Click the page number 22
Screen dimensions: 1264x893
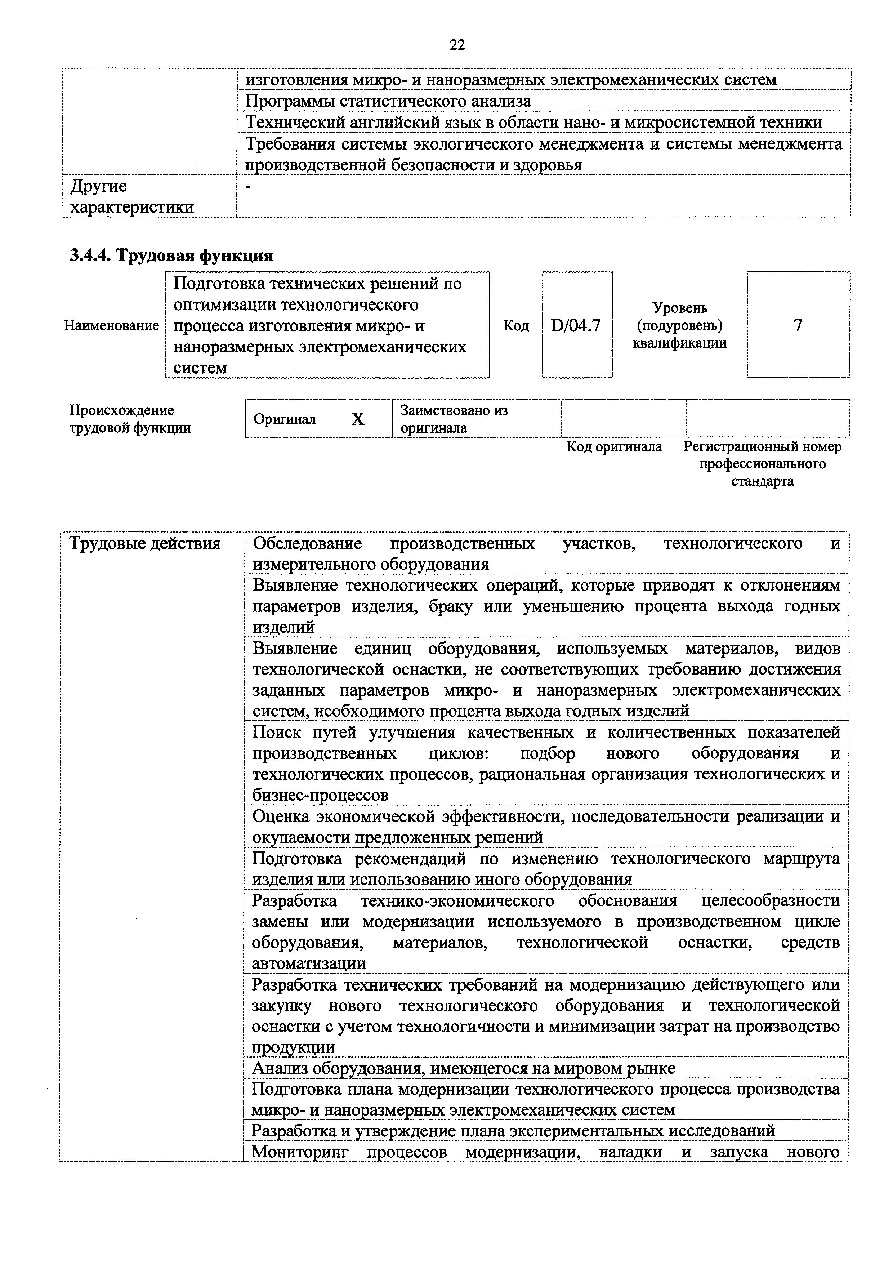point(457,45)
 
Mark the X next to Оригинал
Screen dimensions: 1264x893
point(358,419)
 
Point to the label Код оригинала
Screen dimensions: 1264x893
point(614,446)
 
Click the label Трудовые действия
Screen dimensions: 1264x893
point(145,544)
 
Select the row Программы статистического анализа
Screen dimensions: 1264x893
point(388,101)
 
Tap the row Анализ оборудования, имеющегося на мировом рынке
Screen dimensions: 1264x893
point(463,1069)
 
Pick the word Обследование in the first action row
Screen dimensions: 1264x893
point(307,544)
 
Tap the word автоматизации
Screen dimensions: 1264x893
point(309,963)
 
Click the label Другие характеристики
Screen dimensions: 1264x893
point(132,196)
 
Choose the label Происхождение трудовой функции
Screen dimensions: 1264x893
point(130,419)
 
